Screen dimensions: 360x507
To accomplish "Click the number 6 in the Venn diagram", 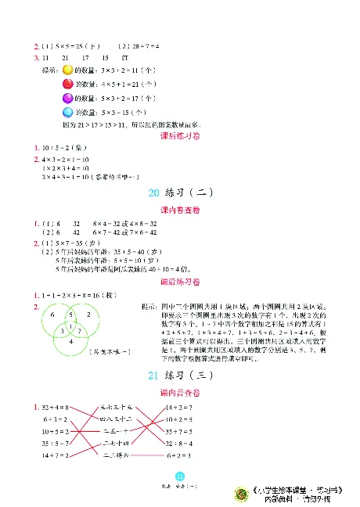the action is click(x=52, y=313).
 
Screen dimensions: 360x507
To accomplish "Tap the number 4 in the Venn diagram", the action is click(x=69, y=340).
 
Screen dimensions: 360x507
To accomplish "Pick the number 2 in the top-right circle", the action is click(x=88, y=313).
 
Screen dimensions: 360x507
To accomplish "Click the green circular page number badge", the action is click(x=179, y=479).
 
